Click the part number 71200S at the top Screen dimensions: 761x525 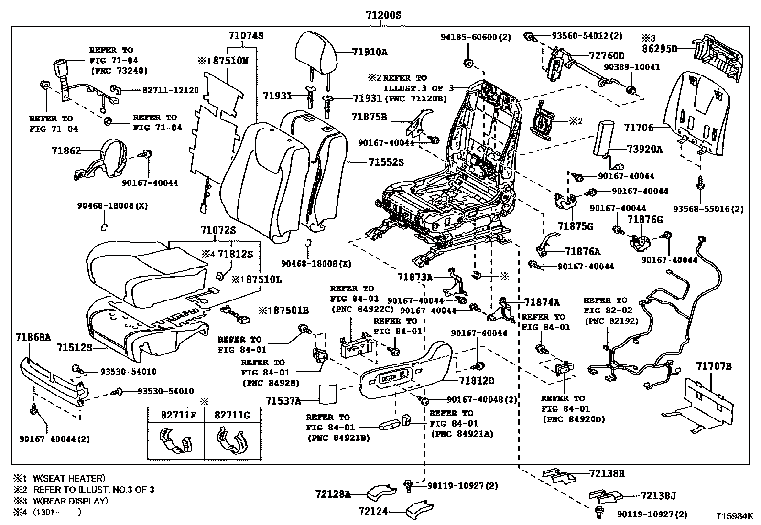click(x=383, y=15)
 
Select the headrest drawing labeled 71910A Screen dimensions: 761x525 click(x=316, y=51)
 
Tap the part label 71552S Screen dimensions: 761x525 click(x=386, y=162)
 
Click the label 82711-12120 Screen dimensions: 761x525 click(x=170, y=90)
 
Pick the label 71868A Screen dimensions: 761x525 click(x=33, y=337)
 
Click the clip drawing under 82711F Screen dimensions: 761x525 click(x=175, y=440)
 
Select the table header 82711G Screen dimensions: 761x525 click(x=232, y=415)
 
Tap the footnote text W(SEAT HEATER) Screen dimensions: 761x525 click(x=69, y=478)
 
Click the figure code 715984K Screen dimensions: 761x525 click(x=735, y=516)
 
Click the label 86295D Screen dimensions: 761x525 click(x=659, y=49)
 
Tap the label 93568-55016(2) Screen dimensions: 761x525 click(x=708, y=209)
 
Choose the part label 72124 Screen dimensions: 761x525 click(x=373, y=511)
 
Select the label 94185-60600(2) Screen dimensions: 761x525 click(x=476, y=37)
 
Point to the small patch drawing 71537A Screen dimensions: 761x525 click(x=328, y=394)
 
